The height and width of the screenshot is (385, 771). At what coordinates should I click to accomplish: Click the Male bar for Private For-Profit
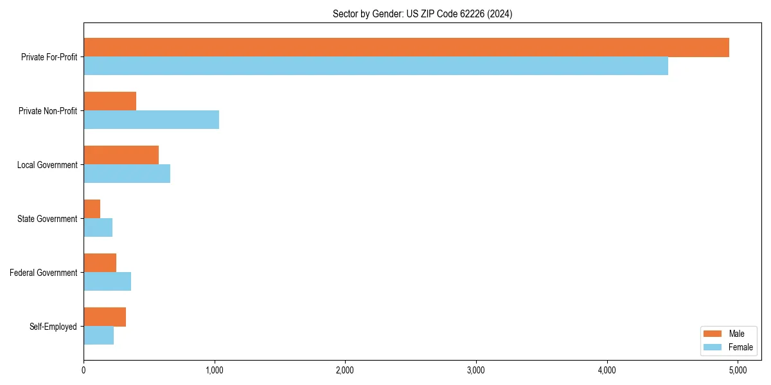(406, 47)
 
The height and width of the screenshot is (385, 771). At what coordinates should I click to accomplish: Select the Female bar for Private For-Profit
(376, 66)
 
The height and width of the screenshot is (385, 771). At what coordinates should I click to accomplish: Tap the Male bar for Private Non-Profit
(110, 101)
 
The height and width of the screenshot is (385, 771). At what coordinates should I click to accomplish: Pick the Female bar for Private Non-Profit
(151, 120)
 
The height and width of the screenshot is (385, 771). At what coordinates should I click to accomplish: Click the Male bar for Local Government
(121, 155)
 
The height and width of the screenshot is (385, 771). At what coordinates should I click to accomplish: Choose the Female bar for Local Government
(127, 174)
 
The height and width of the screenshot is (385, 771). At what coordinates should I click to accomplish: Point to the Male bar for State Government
(92, 209)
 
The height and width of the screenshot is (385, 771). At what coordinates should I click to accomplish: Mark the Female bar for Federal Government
(107, 282)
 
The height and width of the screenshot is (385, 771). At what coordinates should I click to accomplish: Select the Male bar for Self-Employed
(105, 317)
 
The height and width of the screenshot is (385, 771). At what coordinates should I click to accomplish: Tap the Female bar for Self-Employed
(98, 336)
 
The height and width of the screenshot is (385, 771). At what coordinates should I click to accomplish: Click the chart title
(422, 13)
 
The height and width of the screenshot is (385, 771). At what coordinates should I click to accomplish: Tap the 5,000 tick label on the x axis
(738, 370)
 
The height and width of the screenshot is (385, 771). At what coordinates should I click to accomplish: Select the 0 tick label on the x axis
(84, 370)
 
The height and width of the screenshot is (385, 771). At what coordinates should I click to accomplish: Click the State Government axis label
(48, 219)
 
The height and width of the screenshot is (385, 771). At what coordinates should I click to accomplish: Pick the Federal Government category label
(44, 273)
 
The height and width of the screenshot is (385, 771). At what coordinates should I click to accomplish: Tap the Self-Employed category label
(53, 327)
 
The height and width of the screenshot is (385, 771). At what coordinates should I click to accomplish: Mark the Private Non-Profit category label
(48, 111)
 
